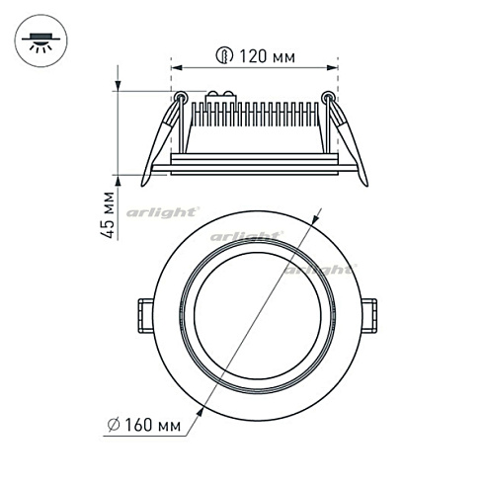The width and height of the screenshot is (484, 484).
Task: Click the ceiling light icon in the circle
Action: pyautogui.click(x=40, y=42)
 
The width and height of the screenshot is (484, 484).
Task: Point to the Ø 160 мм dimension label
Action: pyautogui.click(x=149, y=426)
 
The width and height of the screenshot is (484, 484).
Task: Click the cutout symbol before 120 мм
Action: pyautogui.click(x=223, y=57)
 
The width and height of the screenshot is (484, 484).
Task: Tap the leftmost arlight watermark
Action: pyautogui.click(x=163, y=211)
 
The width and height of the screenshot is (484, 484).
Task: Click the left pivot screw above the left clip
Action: pyautogui.click(x=180, y=97)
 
